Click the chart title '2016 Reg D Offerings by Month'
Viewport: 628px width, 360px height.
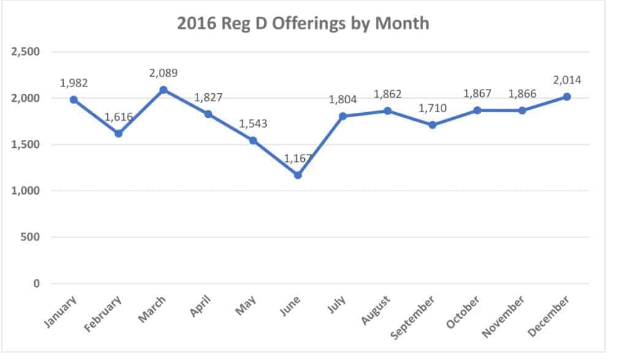point(303,24)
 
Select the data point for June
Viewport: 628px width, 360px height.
point(297,175)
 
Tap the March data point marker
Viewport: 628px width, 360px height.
point(163,90)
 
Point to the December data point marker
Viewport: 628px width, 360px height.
point(567,96)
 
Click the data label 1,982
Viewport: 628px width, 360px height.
point(74,83)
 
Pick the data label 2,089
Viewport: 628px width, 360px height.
point(163,73)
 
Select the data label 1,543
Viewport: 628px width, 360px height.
point(253,124)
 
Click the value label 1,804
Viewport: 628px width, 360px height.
point(343,99)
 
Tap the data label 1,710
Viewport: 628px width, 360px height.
point(432,109)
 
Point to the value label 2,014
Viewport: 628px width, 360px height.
point(567,80)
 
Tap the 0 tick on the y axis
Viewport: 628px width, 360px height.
point(36,283)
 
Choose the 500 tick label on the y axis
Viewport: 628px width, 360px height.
point(31,237)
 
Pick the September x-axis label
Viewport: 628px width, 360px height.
point(415,317)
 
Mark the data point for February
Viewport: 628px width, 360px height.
point(118,133)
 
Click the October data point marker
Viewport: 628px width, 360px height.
point(477,110)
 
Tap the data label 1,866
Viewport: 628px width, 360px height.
point(522,94)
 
